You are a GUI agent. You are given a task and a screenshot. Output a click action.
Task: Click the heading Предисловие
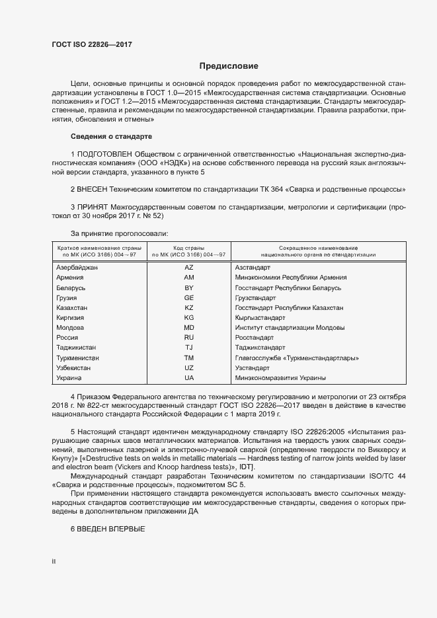229,66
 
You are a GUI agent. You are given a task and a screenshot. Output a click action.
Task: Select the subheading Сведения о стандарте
111,137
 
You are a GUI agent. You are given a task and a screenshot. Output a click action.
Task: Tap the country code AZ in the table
188,268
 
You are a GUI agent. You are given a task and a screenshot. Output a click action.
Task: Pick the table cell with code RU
188,338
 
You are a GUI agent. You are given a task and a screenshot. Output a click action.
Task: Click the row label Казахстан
72,308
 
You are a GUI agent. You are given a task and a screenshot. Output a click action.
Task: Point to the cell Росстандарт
255,338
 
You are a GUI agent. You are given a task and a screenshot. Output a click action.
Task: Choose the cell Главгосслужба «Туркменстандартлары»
297,358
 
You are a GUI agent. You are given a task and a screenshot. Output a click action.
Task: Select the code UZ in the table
188,367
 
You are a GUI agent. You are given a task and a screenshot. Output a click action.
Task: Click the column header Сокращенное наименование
318,247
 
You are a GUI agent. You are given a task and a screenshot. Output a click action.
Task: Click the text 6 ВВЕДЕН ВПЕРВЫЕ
107,531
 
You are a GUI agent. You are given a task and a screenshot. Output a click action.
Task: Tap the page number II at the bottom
54,562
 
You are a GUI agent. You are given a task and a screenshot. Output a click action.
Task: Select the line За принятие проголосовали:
119,233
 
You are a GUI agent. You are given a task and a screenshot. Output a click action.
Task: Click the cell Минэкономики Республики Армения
290,278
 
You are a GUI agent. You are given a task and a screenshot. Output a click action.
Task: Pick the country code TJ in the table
188,348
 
